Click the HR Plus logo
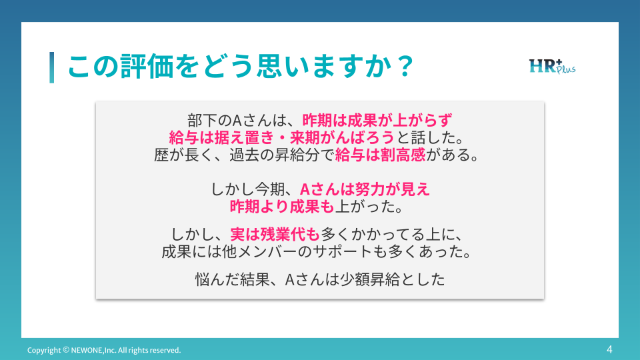coord(552,66)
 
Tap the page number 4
coord(609,349)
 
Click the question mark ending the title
coord(405,66)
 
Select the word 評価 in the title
coord(147,66)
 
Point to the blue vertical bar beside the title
coord(52,67)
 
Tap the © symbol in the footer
coord(66,350)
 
